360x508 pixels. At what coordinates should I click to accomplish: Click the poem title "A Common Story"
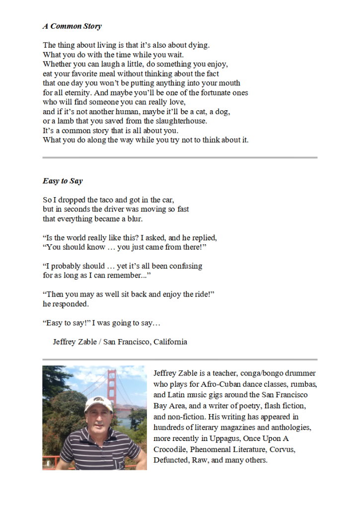click(72, 26)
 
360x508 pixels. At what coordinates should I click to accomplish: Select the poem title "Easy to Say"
click(63, 181)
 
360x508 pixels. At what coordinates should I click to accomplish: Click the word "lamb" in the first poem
click(61, 121)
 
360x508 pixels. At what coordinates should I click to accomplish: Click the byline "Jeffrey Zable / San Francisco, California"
click(120, 342)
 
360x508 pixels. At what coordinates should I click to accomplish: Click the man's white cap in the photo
click(97, 403)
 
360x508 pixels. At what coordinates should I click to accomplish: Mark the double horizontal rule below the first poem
click(180, 158)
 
